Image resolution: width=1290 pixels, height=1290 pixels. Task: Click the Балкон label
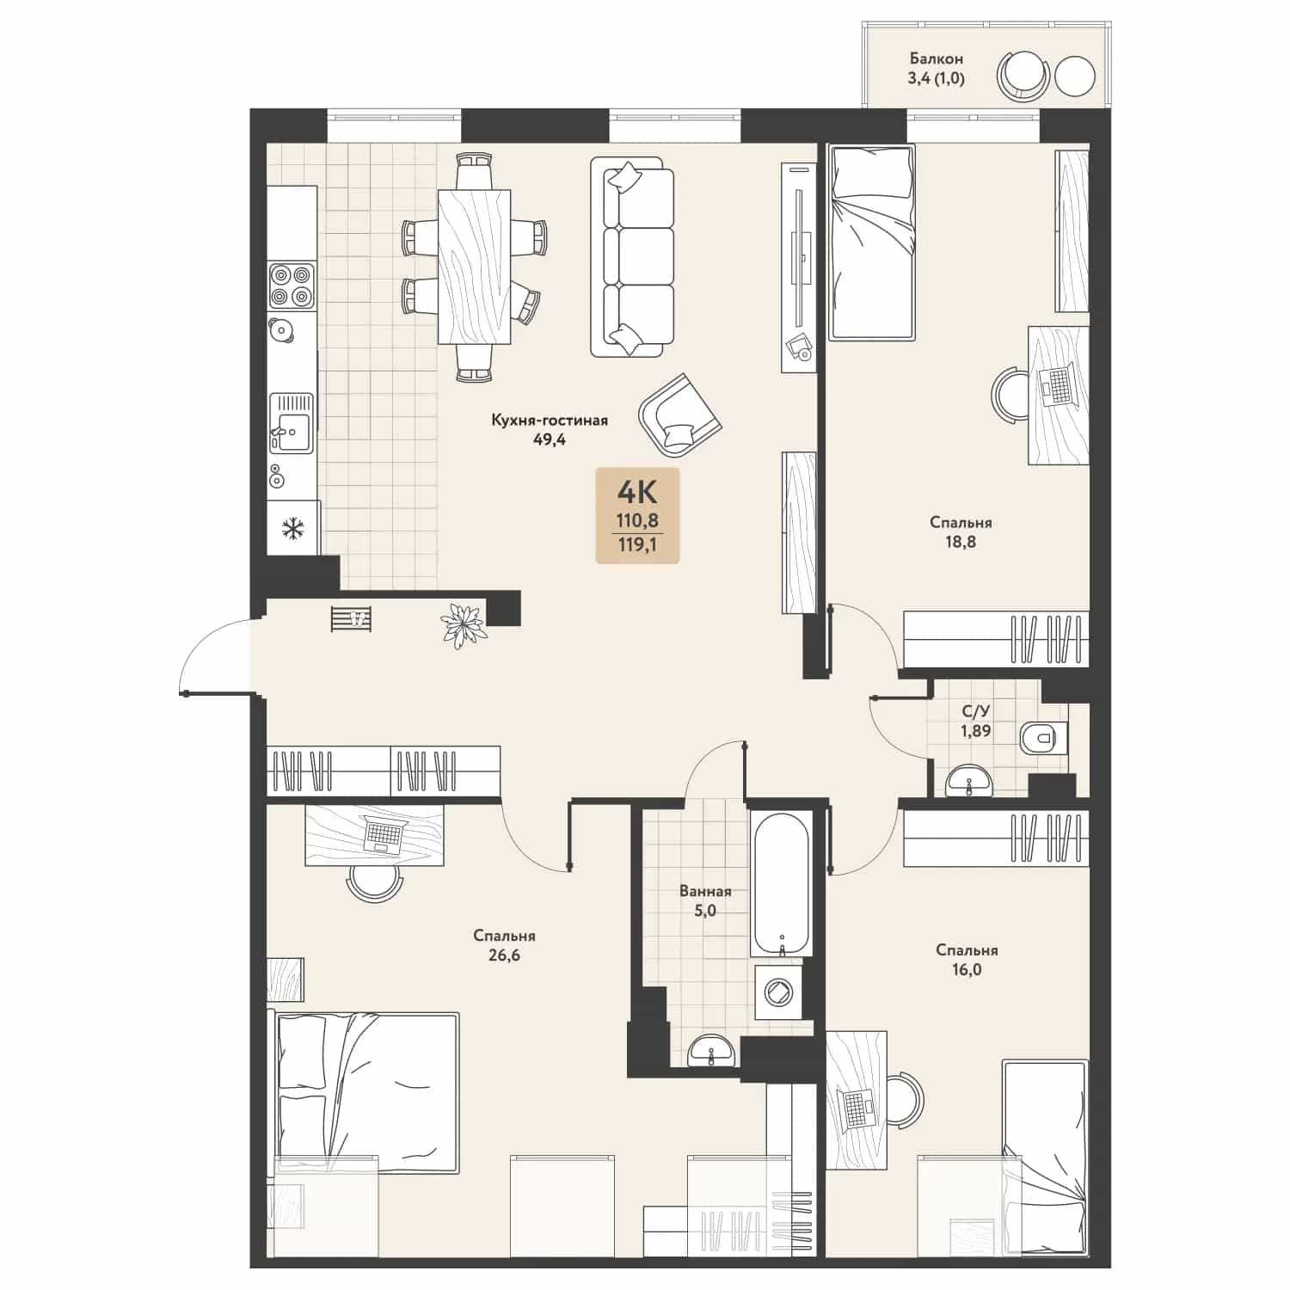click(x=936, y=58)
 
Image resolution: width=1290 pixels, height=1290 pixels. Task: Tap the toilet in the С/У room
click(x=1043, y=737)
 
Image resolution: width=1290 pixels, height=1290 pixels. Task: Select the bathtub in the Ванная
click(x=781, y=882)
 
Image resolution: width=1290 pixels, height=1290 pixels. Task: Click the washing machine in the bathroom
click(x=781, y=992)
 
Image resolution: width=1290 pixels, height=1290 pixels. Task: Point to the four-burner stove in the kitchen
click(x=292, y=286)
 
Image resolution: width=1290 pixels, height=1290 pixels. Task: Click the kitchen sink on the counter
click(x=292, y=422)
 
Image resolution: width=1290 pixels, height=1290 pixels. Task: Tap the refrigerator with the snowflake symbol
click(x=293, y=528)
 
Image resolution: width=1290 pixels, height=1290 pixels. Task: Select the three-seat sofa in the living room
click(x=632, y=256)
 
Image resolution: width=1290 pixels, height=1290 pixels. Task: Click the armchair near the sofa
click(x=679, y=415)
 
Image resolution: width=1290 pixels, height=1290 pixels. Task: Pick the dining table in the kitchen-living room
click(x=474, y=267)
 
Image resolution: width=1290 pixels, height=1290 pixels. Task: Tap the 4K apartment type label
click(x=637, y=493)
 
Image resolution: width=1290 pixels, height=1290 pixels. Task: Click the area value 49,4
click(x=550, y=439)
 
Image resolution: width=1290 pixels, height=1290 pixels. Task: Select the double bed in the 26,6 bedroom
click(x=365, y=1092)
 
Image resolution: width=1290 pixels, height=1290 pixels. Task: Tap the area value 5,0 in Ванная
click(x=705, y=911)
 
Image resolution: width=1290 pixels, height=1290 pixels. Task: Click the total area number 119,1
click(x=637, y=544)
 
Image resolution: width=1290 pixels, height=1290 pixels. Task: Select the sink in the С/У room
click(x=969, y=781)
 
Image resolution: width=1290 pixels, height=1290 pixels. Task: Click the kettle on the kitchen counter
click(x=280, y=329)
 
